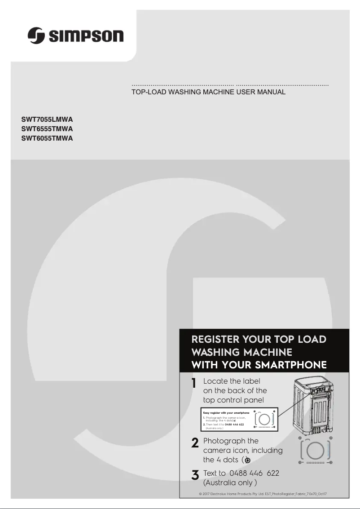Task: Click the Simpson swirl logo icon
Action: [36, 35]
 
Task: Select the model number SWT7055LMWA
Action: [47, 120]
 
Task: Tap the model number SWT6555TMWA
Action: [47, 129]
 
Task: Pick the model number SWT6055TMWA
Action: [47, 138]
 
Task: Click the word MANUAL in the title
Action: [272, 92]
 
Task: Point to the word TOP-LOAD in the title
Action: [146, 92]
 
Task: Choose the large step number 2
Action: [195, 443]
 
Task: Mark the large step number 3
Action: [195, 476]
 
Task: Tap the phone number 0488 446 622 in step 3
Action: [254, 473]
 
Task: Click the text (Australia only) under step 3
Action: [230, 483]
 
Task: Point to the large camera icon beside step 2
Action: [316, 450]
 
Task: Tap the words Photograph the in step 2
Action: [231, 441]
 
